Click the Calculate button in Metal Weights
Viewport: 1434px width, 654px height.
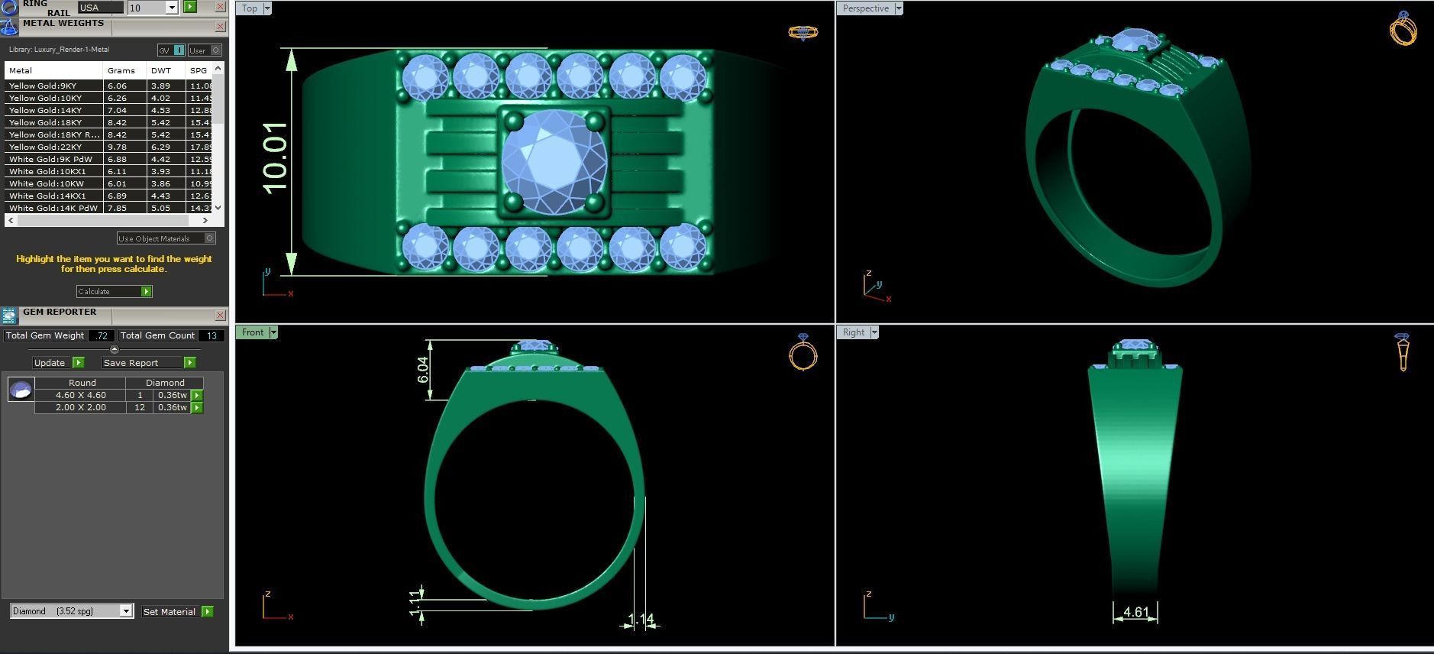point(114,291)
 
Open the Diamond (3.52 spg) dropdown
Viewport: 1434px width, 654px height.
point(126,611)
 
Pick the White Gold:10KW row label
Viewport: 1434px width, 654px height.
point(47,183)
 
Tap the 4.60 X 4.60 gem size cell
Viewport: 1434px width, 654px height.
point(80,395)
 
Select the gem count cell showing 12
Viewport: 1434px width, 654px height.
point(140,407)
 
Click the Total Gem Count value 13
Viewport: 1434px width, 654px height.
point(212,335)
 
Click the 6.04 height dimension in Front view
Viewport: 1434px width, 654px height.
point(423,370)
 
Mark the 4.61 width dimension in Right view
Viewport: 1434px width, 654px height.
point(1135,612)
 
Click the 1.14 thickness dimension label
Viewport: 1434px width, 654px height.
point(641,619)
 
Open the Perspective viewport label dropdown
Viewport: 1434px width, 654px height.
point(899,8)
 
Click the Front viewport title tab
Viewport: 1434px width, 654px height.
point(252,332)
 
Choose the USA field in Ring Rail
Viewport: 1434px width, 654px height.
point(100,8)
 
